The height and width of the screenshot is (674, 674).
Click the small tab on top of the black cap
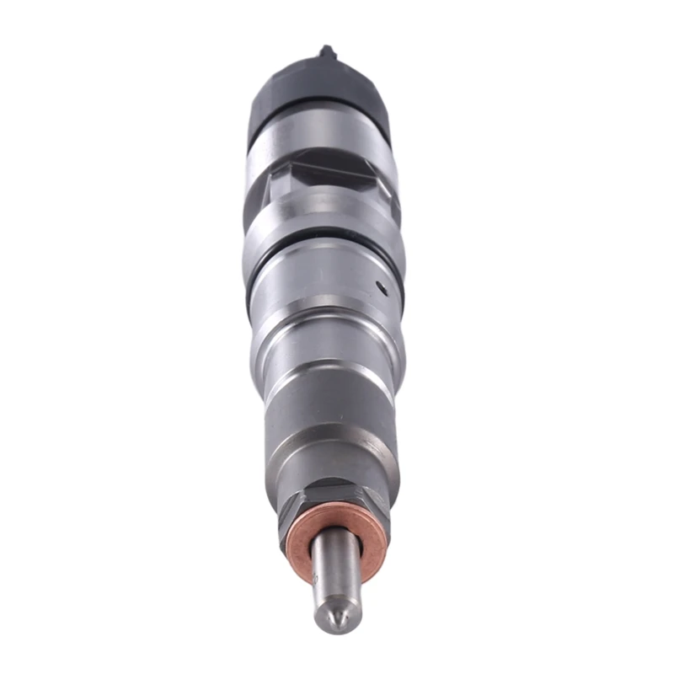click(328, 52)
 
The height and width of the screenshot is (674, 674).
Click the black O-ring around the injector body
click(324, 254)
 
